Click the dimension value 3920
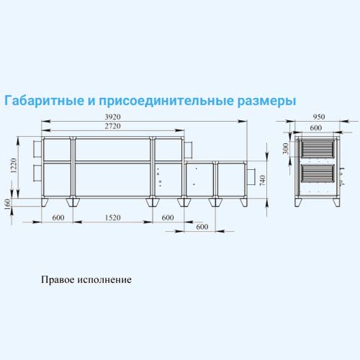tap(112, 117)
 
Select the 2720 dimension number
tap(112, 126)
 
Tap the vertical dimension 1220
tap(14, 166)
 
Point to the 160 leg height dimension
tap(8, 204)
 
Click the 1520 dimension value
tap(112, 217)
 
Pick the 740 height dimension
tap(263, 181)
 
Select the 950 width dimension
tap(319, 117)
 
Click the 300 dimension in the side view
tap(285, 148)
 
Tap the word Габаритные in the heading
tap(45, 100)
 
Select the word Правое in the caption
tap(58, 279)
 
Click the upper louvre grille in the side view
tap(318, 149)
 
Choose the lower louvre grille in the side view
tap(318, 174)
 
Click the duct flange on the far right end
tap(251, 177)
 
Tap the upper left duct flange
tap(37, 149)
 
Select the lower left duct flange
tap(37, 174)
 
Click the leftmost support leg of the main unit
tap(45, 202)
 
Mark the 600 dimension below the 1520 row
tap(202, 227)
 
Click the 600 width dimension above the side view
tap(316, 127)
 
